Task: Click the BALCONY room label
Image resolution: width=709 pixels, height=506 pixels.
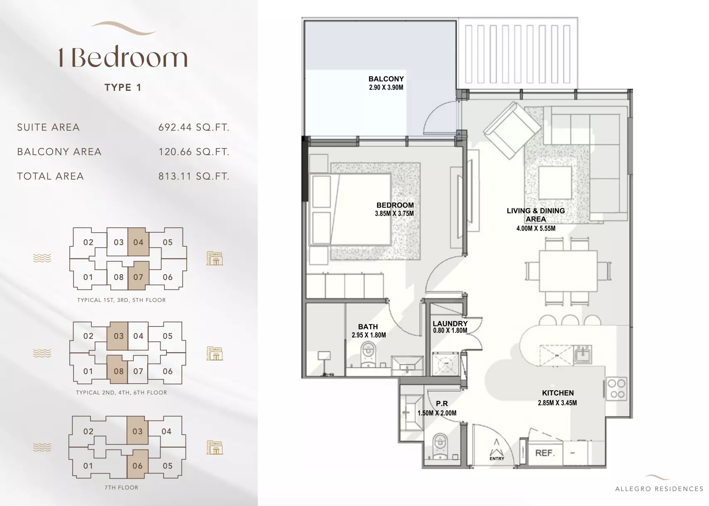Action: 386,79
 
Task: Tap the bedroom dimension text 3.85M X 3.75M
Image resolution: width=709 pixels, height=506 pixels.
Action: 394,214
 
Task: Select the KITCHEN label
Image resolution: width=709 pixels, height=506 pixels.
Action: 557,393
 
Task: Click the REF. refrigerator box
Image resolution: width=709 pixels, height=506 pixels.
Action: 545,453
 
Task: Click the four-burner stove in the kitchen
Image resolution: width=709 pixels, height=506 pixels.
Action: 616,389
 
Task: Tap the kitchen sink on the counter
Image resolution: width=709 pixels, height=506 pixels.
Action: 582,355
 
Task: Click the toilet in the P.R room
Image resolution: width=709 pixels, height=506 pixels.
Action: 439,445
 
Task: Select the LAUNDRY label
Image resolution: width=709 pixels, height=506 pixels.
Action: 450,324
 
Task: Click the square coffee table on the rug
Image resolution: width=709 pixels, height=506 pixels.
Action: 554,182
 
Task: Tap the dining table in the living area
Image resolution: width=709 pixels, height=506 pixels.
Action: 568,271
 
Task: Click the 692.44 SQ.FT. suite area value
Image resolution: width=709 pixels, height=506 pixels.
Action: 193,127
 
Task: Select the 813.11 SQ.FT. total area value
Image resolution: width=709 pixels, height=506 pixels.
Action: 193,176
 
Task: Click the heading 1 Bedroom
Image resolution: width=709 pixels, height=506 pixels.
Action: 123,57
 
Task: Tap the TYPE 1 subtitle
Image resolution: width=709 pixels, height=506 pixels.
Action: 123,88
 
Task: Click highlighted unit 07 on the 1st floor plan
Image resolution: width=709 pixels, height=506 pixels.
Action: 138,277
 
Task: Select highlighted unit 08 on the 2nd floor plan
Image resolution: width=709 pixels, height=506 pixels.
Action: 119,371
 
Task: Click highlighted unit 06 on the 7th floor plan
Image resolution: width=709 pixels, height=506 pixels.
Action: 137,466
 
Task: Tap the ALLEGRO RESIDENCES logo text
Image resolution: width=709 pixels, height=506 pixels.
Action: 659,489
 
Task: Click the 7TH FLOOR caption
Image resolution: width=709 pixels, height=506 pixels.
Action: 121,487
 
